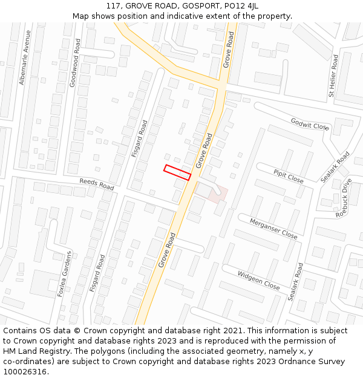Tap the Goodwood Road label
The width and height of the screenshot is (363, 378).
tap(74, 63)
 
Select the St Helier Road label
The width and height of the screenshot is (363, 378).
tap(333, 76)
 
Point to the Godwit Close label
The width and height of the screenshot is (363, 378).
tap(310, 124)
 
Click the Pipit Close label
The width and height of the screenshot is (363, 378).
tap(288, 176)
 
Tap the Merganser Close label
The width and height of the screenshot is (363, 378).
tap(273, 228)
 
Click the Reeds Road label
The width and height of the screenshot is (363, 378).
tap(97, 184)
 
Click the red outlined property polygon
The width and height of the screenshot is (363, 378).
tap(177, 172)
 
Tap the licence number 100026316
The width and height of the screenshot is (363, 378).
tap(24, 371)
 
